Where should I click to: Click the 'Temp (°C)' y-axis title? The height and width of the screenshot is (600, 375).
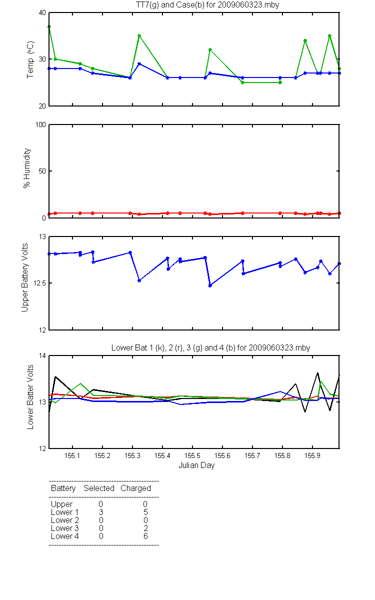click(30, 59)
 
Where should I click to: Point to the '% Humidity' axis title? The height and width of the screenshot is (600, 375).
click(27, 168)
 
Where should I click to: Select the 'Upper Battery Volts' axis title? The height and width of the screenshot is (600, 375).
click(24, 277)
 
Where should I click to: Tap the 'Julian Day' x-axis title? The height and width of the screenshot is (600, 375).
click(196, 465)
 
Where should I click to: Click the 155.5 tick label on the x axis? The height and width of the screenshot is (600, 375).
click(192, 455)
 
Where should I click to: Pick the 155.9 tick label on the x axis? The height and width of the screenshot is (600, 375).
click(312, 455)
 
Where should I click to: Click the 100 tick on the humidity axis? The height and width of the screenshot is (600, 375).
click(40, 125)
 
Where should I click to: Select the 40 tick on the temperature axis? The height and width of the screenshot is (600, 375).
click(42, 13)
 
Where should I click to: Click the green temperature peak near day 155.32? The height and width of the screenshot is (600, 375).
click(139, 35)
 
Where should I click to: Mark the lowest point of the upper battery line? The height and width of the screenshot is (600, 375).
click(210, 285)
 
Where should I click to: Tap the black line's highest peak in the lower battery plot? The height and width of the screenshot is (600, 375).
click(317, 373)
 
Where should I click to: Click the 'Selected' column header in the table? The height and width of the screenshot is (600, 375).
click(99, 488)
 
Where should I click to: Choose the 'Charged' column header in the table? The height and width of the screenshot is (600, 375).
click(135, 488)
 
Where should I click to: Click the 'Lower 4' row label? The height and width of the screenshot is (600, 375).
click(65, 536)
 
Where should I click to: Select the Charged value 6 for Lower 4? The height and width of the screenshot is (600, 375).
click(145, 536)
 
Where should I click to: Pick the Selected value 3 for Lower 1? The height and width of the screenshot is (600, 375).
click(101, 512)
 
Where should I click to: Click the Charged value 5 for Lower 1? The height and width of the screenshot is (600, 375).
click(145, 512)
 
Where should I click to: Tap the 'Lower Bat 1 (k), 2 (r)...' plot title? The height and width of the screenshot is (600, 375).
click(210, 347)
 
